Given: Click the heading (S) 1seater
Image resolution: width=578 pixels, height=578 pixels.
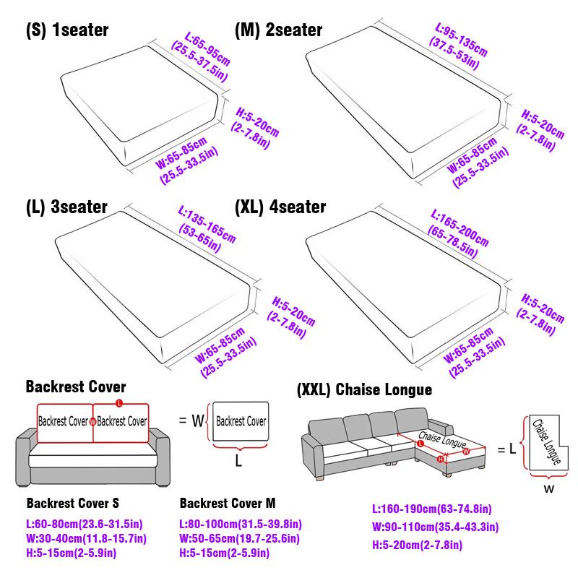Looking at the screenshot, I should click(66, 30).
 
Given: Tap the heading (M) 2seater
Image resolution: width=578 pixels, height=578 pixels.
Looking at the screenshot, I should click(278, 30).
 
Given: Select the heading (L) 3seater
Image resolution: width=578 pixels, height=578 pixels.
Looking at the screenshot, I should click(66, 207).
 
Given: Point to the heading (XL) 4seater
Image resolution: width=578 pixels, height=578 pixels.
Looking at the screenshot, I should click(280, 207).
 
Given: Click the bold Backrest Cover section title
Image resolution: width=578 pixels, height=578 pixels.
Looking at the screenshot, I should click(76, 387).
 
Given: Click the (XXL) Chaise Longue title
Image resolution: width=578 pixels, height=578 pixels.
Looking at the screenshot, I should click(364, 390).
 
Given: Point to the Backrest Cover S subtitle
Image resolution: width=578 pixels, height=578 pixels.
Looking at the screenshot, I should click(72, 503).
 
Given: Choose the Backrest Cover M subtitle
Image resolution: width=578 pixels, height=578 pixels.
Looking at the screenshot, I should click(227, 503).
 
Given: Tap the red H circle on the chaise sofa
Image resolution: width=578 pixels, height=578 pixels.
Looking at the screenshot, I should click(440, 458).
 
